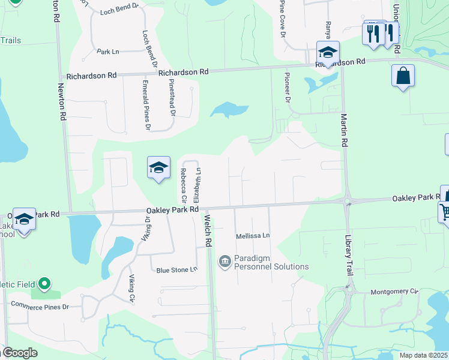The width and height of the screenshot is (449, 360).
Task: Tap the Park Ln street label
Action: click(108, 52)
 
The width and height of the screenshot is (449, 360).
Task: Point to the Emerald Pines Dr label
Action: click(146, 104)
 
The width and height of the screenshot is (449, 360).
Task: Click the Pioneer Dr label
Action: click(288, 89)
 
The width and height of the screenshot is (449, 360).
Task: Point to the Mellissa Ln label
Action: click(253, 236)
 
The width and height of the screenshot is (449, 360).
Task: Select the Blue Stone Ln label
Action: click(176, 269)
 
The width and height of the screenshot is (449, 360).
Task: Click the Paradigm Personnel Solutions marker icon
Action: click(225, 261)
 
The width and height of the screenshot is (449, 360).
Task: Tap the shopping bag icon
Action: click(403, 76)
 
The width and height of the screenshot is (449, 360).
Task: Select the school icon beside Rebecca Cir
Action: click(158, 167)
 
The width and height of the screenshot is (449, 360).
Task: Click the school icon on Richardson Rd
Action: click(328, 52)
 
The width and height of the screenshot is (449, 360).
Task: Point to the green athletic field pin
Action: click(44, 283)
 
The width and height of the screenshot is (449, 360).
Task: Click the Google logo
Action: click(19, 353)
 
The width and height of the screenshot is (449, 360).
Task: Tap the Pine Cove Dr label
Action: click(282, 18)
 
